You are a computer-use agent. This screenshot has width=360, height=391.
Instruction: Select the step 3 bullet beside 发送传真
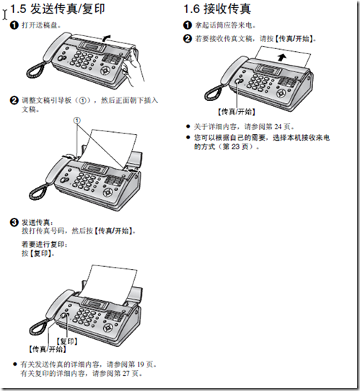click(x=14, y=221)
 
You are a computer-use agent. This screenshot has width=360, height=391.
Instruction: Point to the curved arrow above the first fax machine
click(x=106, y=35)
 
